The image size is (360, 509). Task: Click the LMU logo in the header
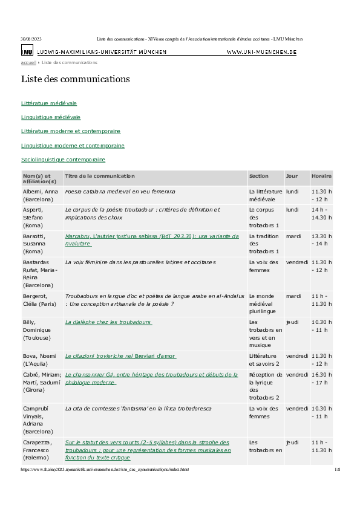click(x=27, y=53)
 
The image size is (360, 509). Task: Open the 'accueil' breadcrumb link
click(x=28, y=62)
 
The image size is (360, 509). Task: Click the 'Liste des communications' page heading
click(x=75, y=79)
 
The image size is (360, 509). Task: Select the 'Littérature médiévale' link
click(x=49, y=103)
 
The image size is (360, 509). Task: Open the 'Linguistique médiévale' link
click(x=51, y=117)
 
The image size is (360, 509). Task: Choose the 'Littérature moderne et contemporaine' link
click(x=71, y=131)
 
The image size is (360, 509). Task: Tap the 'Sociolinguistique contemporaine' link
click(x=64, y=160)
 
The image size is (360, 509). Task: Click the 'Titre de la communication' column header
click(x=100, y=175)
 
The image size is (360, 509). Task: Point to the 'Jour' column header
click(x=292, y=175)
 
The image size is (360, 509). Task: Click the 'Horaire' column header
click(x=321, y=175)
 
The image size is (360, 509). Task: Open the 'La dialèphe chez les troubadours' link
click(x=108, y=322)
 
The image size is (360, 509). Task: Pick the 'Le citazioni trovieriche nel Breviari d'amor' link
click(x=120, y=356)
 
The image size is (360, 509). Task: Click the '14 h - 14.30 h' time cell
click(x=321, y=213)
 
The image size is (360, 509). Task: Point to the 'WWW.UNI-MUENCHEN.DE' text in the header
click(x=261, y=53)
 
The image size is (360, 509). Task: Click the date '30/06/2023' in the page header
click(x=31, y=39)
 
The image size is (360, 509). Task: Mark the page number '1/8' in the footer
click(x=337, y=469)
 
